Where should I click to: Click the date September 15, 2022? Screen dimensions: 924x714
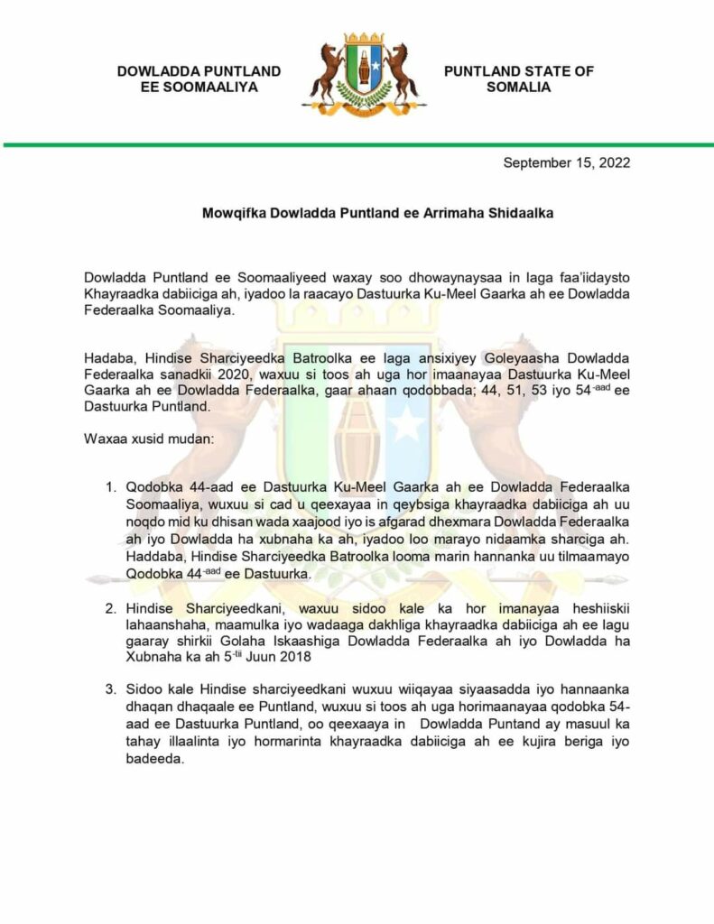click(x=566, y=163)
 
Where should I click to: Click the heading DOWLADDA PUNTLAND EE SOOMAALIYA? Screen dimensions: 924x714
click(x=199, y=79)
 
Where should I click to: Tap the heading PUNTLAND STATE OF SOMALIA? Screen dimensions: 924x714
click(x=518, y=79)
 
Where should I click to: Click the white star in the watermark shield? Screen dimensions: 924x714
click(x=408, y=425)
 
